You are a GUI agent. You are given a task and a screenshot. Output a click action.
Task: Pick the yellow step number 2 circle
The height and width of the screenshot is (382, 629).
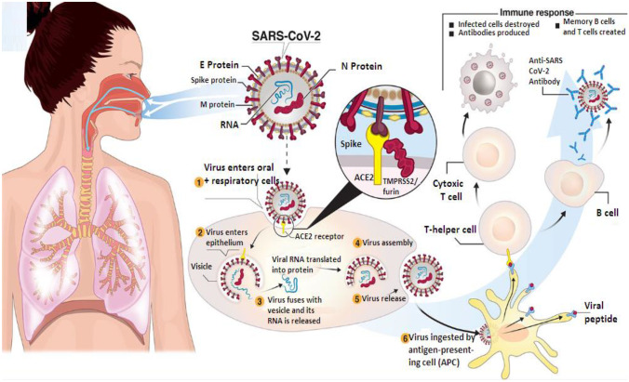(200, 231)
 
